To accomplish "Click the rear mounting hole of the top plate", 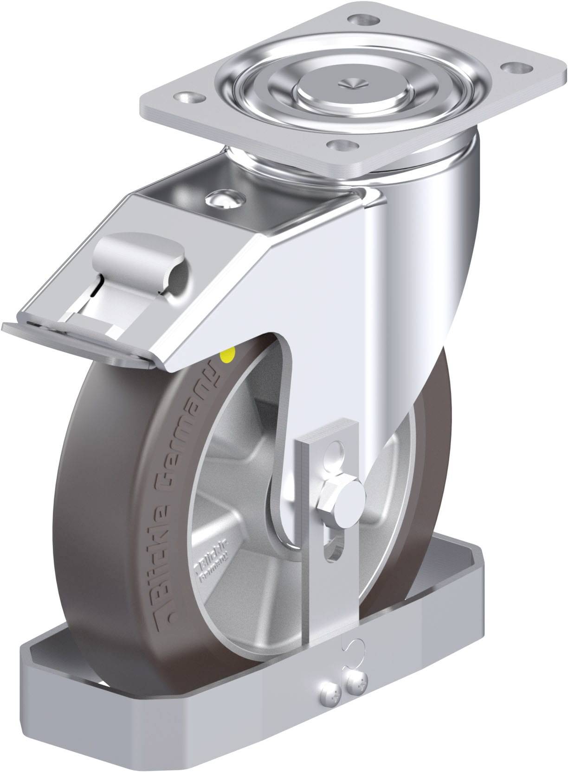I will coord(364,20).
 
